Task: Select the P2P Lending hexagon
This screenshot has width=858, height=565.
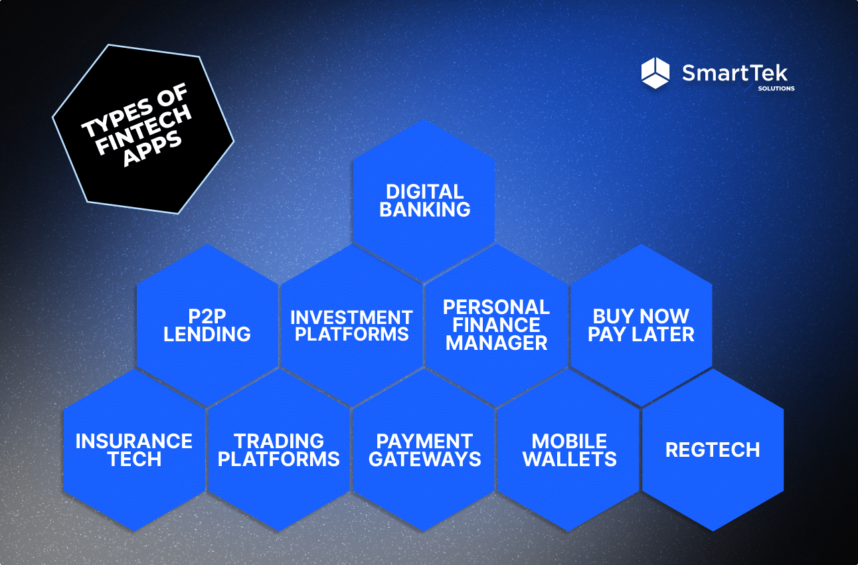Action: pyautogui.click(x=207, y=325)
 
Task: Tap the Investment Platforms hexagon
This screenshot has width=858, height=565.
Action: pyautogui.click(x=351, y=325)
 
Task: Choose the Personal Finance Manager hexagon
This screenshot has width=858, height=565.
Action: pyautogui.click(x=496, y=325)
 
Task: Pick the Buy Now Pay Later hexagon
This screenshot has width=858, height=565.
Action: pyautogui.click(x=641, y=325)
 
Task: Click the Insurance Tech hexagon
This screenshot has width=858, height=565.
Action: pyautogui.click(x=134, y=449)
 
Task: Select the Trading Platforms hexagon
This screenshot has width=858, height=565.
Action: pyautogui.click(x=279, y=449)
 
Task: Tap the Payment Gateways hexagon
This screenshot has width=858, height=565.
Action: pyautogui.click(x=424, y=449)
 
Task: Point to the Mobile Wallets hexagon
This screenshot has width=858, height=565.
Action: pyautogui.click(x=569, y=449)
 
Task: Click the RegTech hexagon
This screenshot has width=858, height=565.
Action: pyautogui.click(x=713, y=449)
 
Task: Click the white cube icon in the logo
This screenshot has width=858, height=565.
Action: pyautogui.click(x=655, y=73)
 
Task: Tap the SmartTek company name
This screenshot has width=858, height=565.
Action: pyautogui.click(x=734, y=72)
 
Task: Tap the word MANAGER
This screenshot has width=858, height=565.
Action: pyautogui.click(x=497, y=343)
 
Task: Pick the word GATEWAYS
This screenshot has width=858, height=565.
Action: pyautogui.click(x=424, y=459)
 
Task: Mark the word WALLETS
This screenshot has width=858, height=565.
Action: pyautogui.click(x=569, y=459)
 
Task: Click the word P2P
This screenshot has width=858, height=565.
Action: pyautogui.click(x=207, y=315)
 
